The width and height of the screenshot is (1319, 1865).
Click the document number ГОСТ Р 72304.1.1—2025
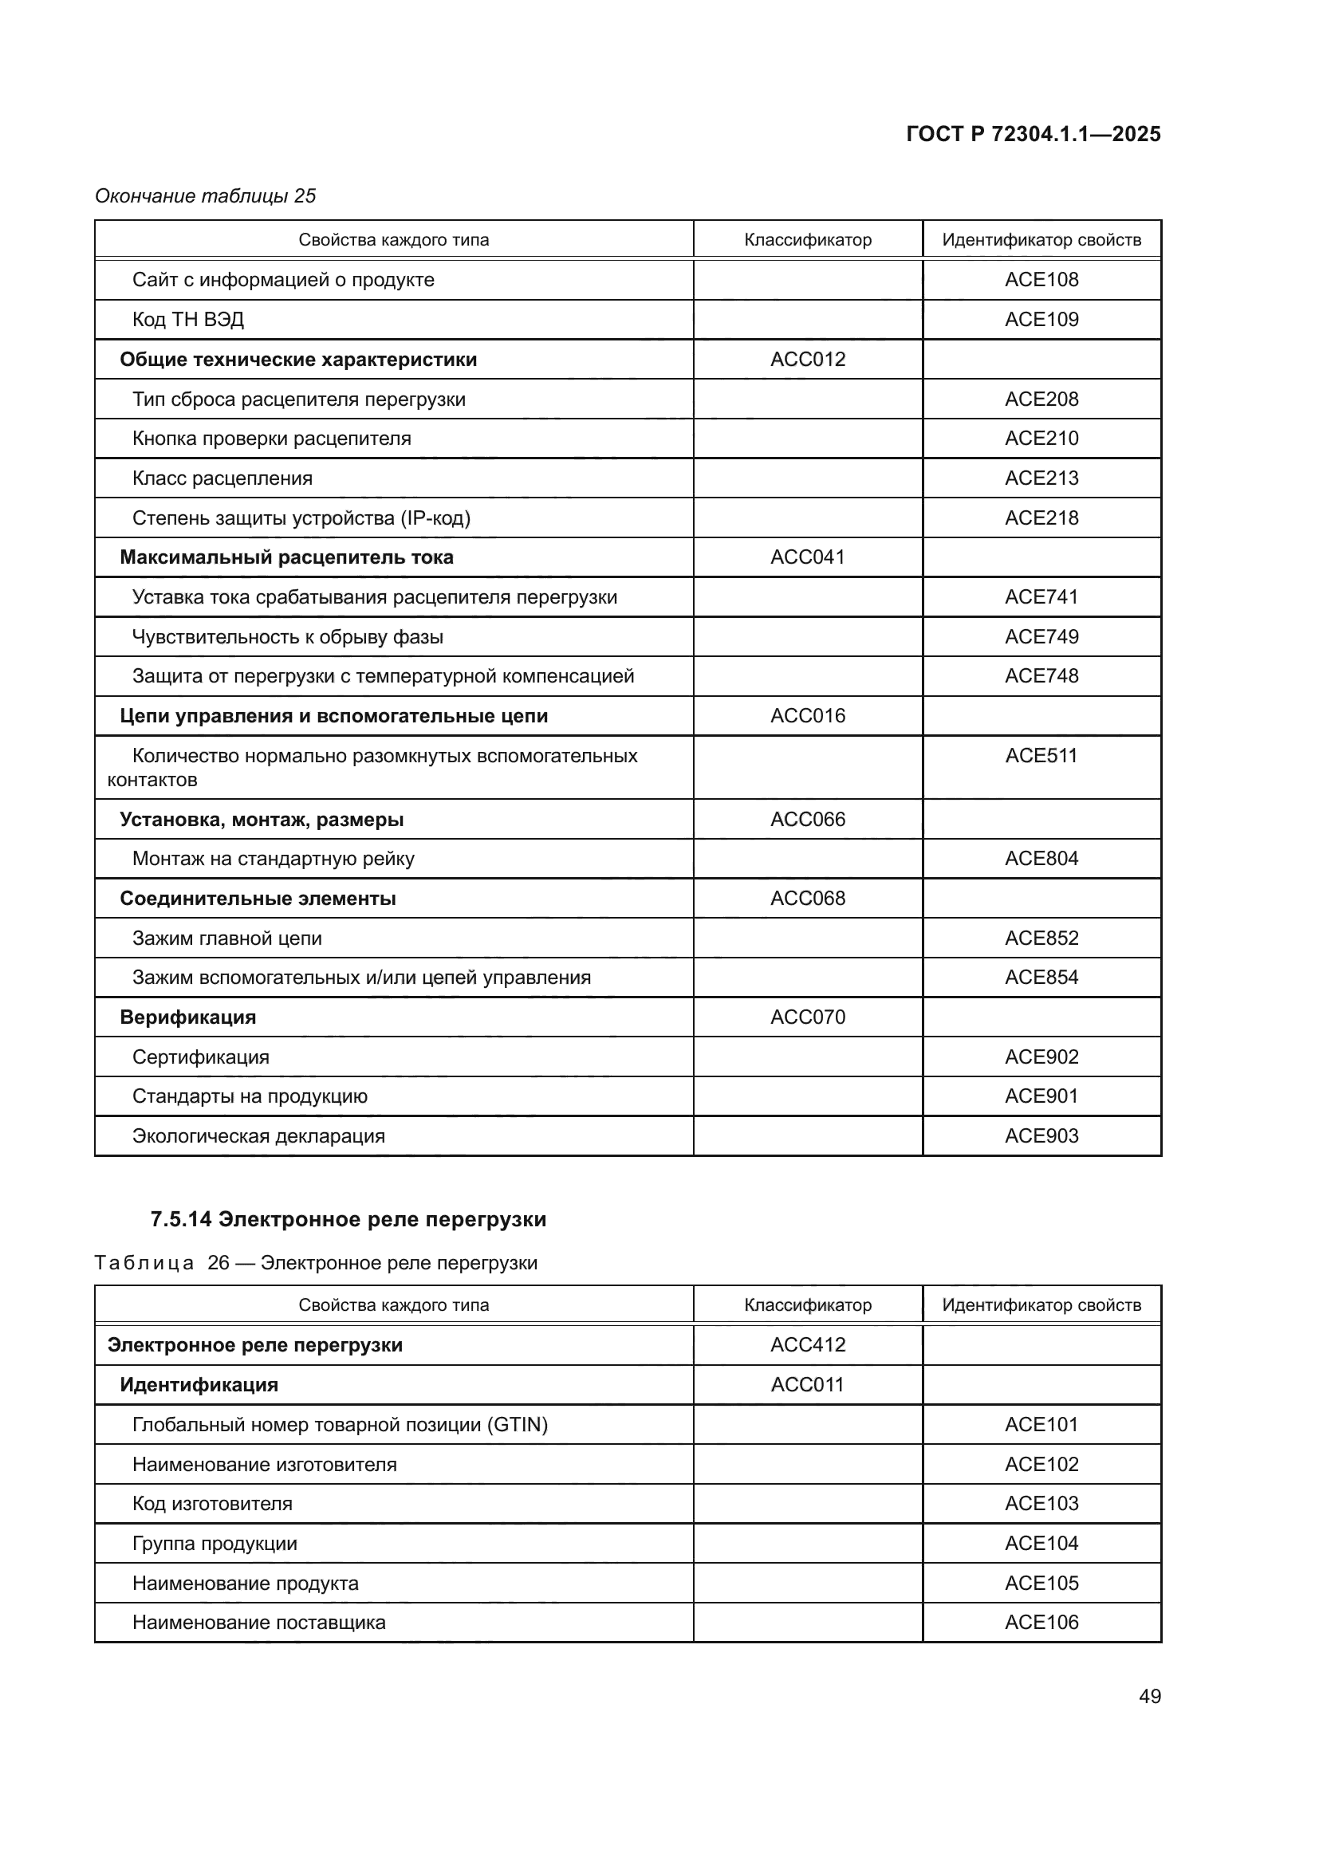(1033, 134)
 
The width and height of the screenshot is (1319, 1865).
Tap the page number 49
(1149, 1696)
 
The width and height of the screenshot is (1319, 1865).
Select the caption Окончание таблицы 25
(206, 196)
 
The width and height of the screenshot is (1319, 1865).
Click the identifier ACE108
(1041, 279)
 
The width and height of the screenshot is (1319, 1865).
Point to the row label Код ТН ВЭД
(187, 319)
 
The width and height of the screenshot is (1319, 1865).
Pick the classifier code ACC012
(807, 359)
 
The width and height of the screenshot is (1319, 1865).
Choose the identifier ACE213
(1041, 478)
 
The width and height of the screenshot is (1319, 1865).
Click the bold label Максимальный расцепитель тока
(286, 557)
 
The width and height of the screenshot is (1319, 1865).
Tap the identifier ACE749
(1041, 637)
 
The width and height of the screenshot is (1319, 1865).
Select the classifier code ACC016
(807, 715)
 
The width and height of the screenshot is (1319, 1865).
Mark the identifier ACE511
(1041, 755)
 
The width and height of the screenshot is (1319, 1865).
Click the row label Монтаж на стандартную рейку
(273, 859)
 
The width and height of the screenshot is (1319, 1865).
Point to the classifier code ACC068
(807, 899)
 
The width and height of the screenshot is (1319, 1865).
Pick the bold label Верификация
(187, 1017)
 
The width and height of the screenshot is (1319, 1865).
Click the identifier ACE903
(1041, 1135)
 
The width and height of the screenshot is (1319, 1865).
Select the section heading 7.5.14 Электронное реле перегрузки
(348, 1219)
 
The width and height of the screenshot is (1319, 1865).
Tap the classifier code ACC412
(807, 1344)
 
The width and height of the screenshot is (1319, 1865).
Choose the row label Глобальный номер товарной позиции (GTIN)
(340, 1424)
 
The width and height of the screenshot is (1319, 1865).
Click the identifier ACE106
(1041, 1622)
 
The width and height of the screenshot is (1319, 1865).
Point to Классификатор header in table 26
(807, 1304)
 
